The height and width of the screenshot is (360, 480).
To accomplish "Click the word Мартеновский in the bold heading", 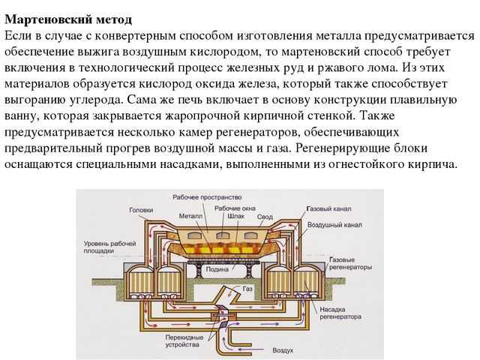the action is tap(48, 19).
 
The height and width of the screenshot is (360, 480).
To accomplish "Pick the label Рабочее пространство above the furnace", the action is tap(207, 197).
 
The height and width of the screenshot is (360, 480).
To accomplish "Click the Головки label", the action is tap(141, 210).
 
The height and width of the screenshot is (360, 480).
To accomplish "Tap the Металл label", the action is tap(190, 216).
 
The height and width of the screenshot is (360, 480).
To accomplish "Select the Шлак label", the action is tap(236, 216).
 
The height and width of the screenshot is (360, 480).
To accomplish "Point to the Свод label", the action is tap(265, 217).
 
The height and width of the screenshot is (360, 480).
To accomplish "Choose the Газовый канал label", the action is tap(328, 209).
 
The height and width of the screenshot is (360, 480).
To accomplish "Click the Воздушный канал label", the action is tap(334, 225).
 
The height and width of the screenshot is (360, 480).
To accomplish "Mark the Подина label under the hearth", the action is tap(217, 270).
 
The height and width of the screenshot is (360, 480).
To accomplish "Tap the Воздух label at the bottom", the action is tap(283, 350).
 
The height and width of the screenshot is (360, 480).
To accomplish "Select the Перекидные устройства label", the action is tap(184, 341).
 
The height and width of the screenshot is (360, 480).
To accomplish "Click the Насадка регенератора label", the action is tap(340, 313).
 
